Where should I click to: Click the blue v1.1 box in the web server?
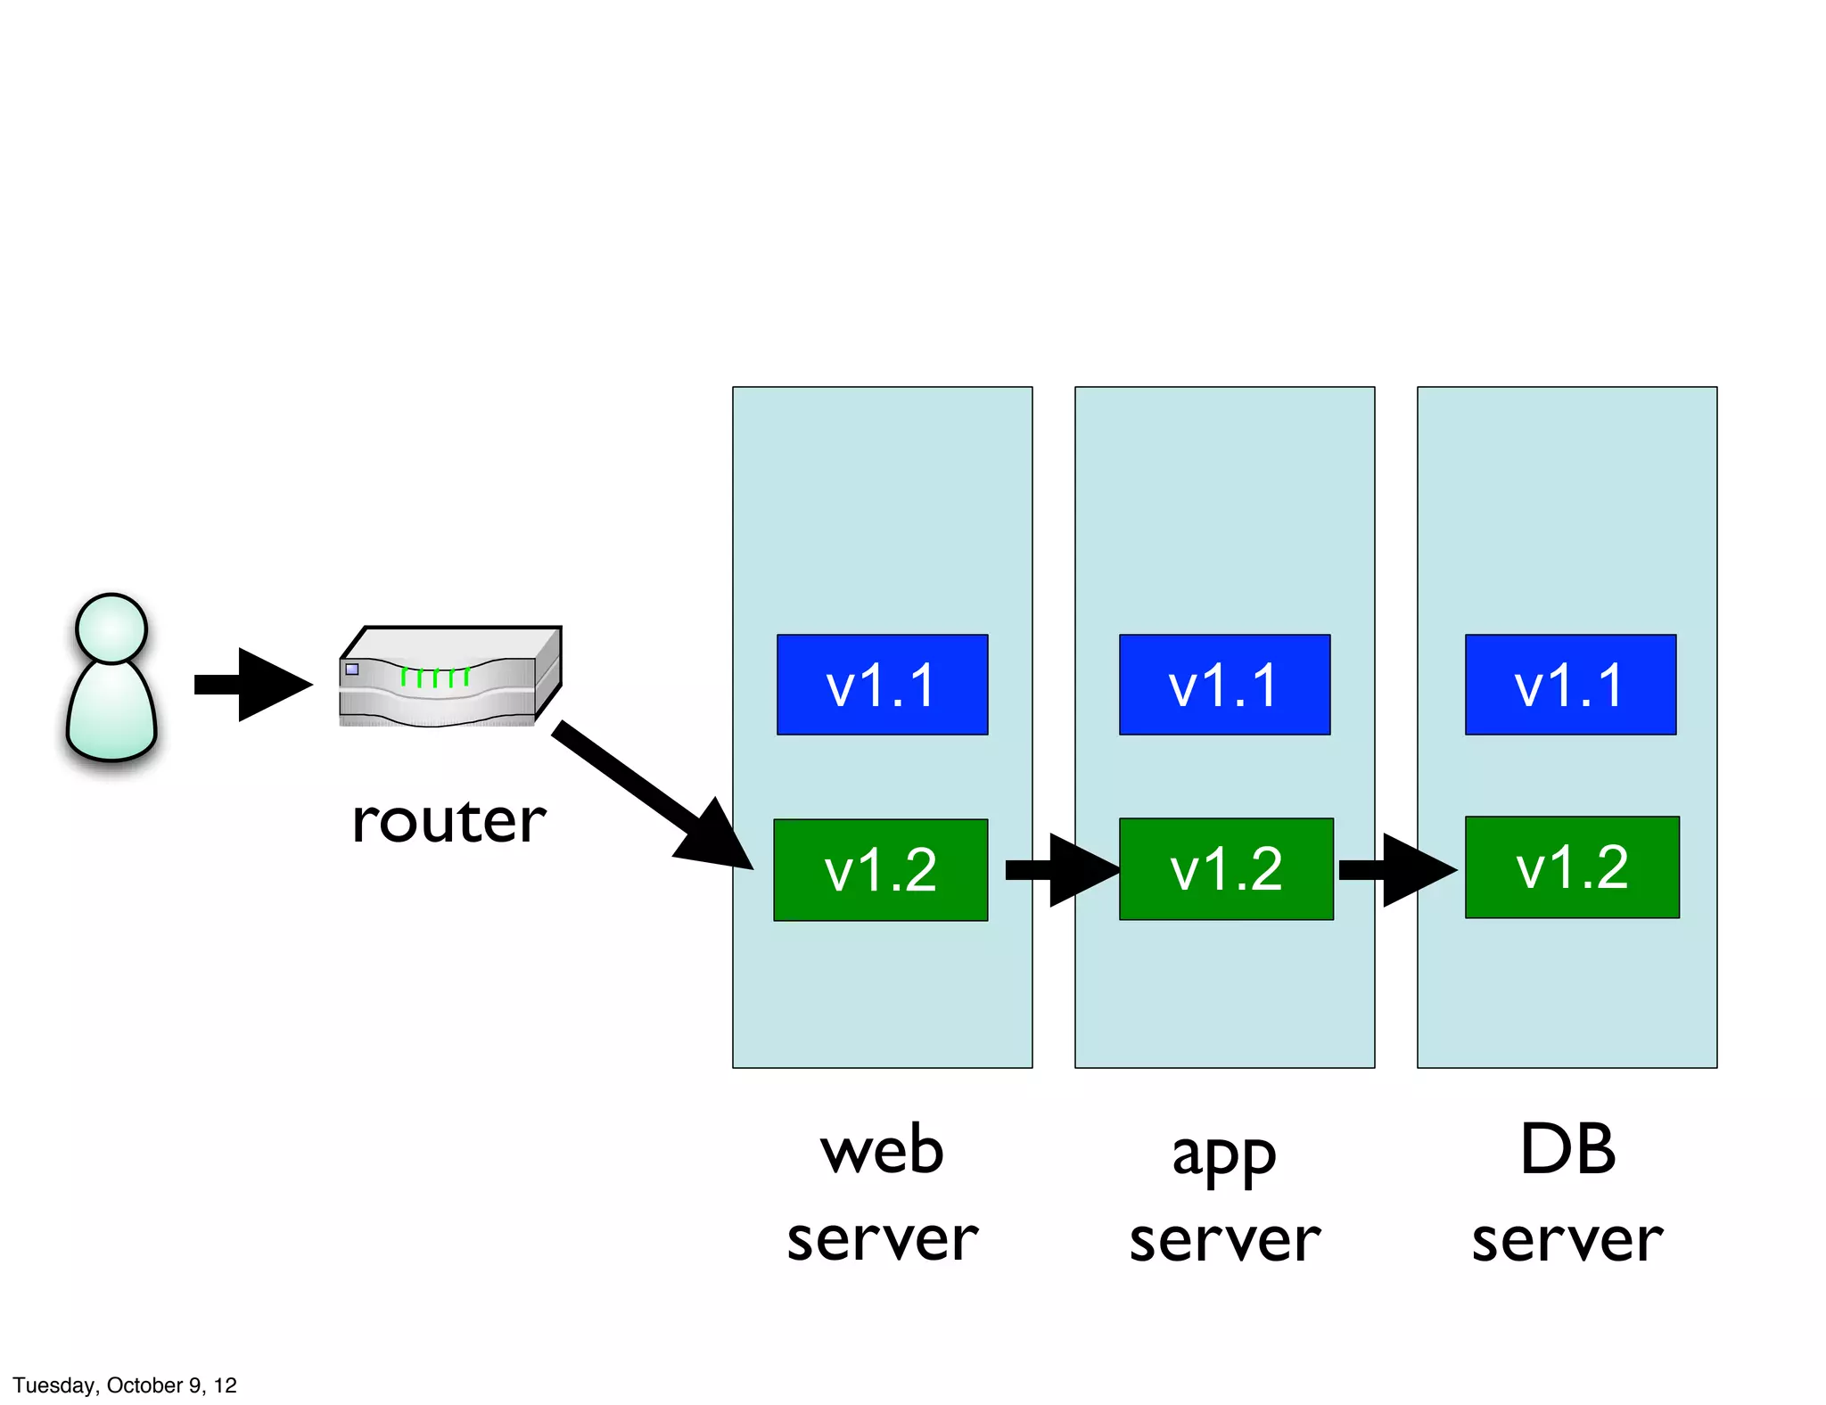(882, 685)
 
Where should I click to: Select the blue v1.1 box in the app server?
(1224, 685)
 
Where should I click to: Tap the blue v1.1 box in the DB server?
(1570, 685)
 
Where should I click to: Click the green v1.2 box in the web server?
(880, 869)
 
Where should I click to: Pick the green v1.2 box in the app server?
(1226, 868)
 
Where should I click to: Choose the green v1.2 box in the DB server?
(1572, 867)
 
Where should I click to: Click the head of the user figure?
(111, 629)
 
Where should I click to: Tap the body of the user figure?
(111, 713)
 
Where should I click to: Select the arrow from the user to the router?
(254, 685)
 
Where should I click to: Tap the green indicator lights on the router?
(434, 678)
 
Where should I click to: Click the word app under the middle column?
(1224, 1154)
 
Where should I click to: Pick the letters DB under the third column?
(1567, 1150)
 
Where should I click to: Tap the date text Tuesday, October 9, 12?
(125, 1384)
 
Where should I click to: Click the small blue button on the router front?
(352, 669)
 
